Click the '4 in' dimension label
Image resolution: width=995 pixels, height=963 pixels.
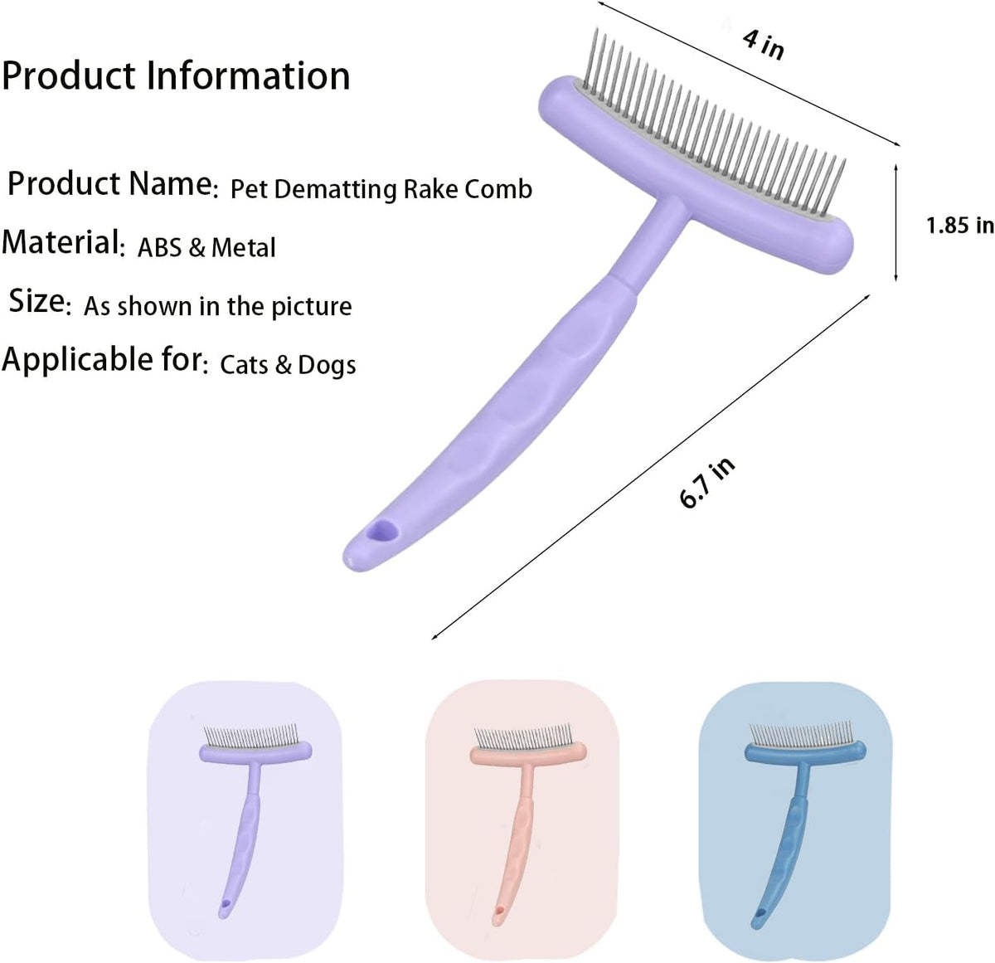pyautogui.click(x=762, y=45)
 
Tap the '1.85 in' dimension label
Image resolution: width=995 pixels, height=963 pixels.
pyautogui.click(x=960, y=226)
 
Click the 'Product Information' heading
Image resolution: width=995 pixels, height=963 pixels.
pyautogui.click(x=176, y=75)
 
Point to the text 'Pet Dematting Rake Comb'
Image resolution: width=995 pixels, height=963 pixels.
pyautogui.click(x=381, y=189)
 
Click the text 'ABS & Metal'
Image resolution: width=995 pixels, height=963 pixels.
pyautogui.click(x=206, y=247)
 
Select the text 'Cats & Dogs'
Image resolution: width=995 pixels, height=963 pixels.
pyautogui.click(x=288, y=365)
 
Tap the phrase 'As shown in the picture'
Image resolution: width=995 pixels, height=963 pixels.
pyautogui.click(x=218, y=307)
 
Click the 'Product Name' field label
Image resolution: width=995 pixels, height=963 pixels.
pyautogui.click(x=110, y=183)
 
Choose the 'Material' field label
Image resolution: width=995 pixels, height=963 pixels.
pyautogui.click(x=61, y=242)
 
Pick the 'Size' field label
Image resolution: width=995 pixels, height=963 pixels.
pyautogui.click(x=36, y=301)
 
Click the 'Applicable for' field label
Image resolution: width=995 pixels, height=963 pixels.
pyautogui.click(x=102, y=359)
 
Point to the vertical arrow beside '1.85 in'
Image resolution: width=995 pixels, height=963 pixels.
pyautogui.click(x=895, y=222)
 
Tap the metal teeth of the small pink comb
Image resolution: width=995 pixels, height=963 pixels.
pyautogui.click(x=523, y=737)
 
